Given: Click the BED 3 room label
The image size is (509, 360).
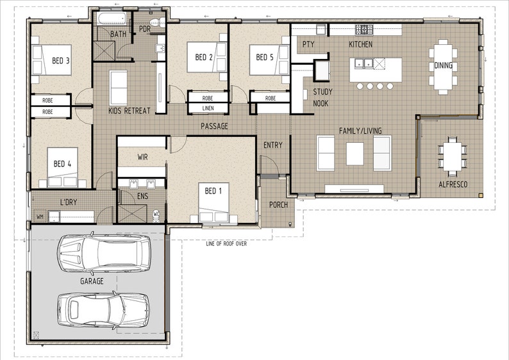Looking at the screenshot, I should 61,61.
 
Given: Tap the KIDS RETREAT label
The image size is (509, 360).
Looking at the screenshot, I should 129,111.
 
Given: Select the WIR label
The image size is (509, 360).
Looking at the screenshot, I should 142,156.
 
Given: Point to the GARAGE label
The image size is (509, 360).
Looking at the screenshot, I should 92,281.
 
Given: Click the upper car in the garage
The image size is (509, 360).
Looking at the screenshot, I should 103,253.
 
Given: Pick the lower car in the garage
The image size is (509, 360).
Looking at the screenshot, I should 103,310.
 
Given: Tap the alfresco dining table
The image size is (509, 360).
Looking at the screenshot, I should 453,156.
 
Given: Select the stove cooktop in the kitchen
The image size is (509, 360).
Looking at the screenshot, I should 365,29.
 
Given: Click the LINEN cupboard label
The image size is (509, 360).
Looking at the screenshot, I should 208,109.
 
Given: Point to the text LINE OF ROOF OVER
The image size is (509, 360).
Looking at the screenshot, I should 226,244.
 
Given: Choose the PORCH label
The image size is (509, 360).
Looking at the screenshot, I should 278,205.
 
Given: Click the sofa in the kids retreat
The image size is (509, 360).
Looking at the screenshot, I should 119,88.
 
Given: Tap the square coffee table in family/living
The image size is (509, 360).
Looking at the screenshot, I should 355,154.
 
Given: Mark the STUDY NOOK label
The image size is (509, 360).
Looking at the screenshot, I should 322,97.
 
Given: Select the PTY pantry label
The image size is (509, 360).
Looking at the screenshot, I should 308,44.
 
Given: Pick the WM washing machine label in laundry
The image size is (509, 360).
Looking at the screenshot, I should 40,217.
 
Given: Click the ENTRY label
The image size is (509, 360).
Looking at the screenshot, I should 272,145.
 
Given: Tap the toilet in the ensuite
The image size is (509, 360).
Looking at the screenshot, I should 156,214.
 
